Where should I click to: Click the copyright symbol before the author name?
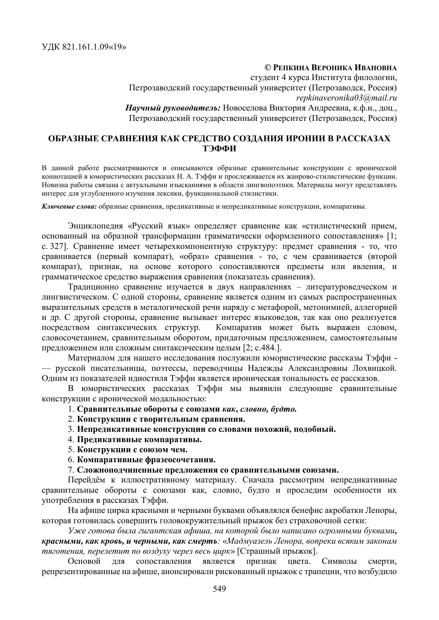tap(267, 68)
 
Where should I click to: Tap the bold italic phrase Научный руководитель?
tap(173, 108)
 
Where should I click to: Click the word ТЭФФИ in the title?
tap(219, 149)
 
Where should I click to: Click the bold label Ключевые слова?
tap(69, 207)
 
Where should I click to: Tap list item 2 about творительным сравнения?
tap(161, 419)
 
